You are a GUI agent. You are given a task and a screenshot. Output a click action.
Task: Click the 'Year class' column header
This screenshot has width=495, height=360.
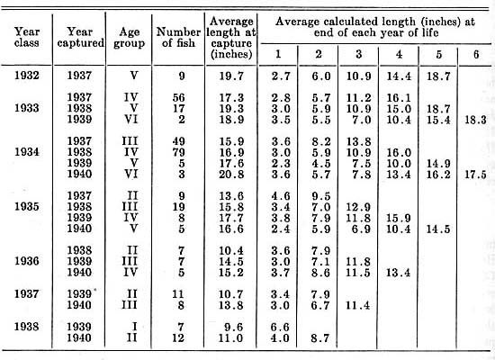[x=26, y=37]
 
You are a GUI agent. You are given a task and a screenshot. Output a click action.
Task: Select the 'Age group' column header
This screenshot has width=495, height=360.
[x=129, y=37]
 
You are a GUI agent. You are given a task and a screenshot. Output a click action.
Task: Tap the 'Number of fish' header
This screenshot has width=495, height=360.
[x=178, y=37]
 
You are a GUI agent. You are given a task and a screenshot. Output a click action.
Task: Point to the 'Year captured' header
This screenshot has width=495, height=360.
[x=80, y=37]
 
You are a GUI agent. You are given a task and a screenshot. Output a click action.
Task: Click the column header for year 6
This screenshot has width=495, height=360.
[x=476, y=54]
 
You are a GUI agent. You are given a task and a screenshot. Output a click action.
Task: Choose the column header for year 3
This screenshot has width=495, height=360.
[x=358, y=54]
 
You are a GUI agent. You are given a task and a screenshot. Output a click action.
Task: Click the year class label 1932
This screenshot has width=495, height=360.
[x=26, y=76]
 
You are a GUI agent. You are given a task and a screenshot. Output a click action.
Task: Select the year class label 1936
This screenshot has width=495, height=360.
[x=26, y=261]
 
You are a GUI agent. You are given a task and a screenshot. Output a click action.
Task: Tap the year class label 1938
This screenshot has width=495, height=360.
[x=26, y=326]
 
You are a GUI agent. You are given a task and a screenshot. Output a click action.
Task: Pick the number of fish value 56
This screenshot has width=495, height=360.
[x=178, y=97]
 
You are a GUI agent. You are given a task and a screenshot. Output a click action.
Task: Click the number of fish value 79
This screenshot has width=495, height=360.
[x=178, y=152]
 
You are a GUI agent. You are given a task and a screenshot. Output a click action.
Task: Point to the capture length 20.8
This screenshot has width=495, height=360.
[x=231, y=174]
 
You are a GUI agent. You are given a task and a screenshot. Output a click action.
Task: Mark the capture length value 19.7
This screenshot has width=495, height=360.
[x=231, y=76]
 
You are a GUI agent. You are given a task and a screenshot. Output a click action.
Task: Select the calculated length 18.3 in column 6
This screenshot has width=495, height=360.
[x=475, y=120]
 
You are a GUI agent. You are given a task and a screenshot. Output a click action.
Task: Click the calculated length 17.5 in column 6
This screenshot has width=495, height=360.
[x=475, y=175]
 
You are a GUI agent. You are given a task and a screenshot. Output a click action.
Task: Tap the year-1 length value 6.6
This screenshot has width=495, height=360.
[x=280, y=327]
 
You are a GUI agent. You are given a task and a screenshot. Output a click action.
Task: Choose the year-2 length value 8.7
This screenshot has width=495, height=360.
[x=320, y=337]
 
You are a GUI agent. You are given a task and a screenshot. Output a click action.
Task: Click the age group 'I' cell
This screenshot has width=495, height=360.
[x=134, y=326]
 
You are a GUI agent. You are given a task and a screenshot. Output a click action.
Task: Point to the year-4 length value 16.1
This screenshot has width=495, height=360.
[x=399, y=98]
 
